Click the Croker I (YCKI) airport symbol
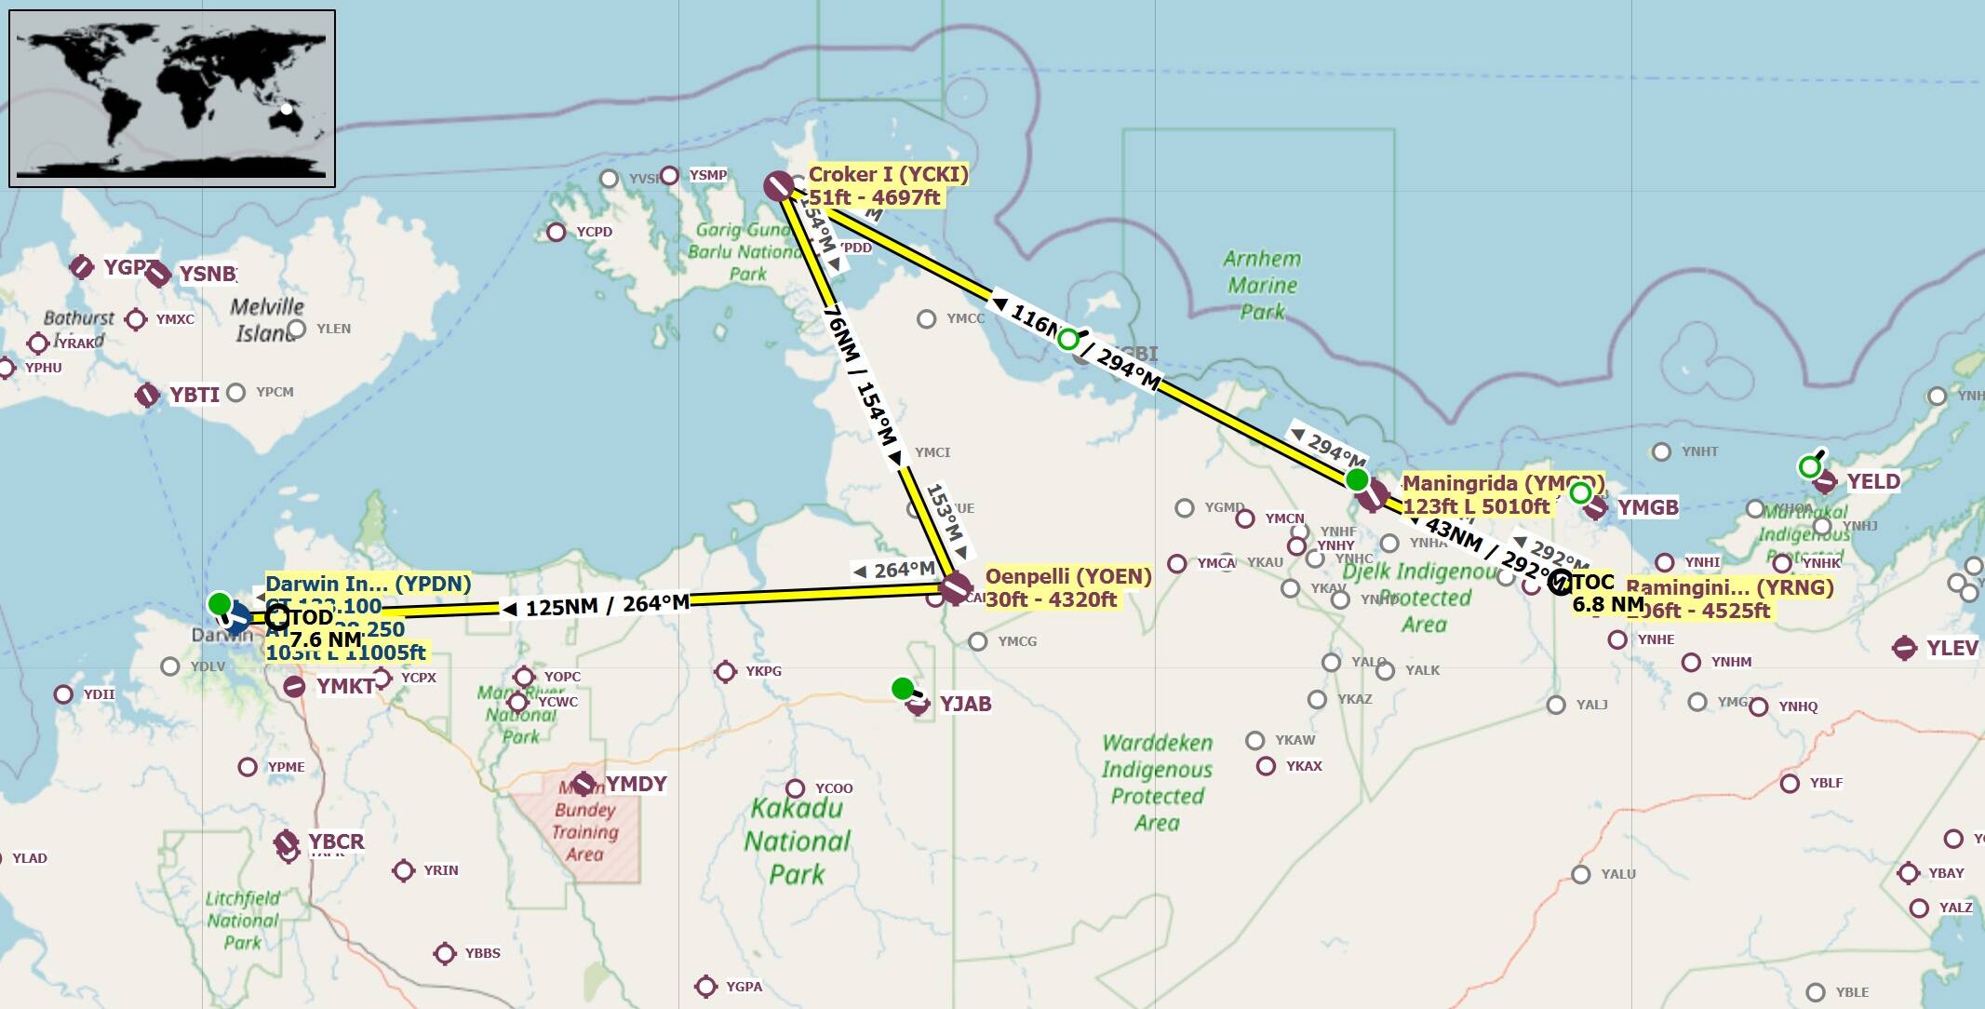tap(778, 186)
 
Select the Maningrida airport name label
tap(1502, 483)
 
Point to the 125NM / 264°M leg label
tap(607, 605)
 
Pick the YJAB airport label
tap(965, 704)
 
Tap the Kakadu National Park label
tap(797, 841)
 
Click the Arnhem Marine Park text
tap(1262, 285)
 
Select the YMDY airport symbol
tap(583, 784)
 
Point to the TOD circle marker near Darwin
tap(277, 616)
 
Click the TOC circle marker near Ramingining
tap(1560, 583)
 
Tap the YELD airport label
tap(1872, 481)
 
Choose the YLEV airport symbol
tap(1905, 648)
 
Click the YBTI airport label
tap(194, 395)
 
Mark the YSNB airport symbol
tap(158, 274)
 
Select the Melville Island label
tap(266, 319)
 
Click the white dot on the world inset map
tap(287, 110)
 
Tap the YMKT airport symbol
tap(294, 687)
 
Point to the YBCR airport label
tap(336, 841)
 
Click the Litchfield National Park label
tap(242, 920)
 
